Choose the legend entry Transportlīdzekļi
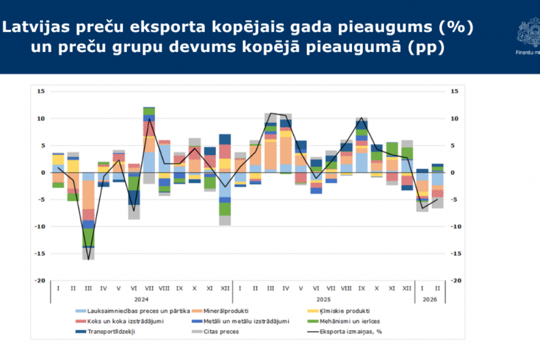(114, 331)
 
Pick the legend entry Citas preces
(222, 331)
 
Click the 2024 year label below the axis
(141, 298)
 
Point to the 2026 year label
(430, 298)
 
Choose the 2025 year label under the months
(323, 298)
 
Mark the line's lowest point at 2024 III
(88, 260)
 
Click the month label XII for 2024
(225, 288)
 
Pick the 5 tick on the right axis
(454, 145)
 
